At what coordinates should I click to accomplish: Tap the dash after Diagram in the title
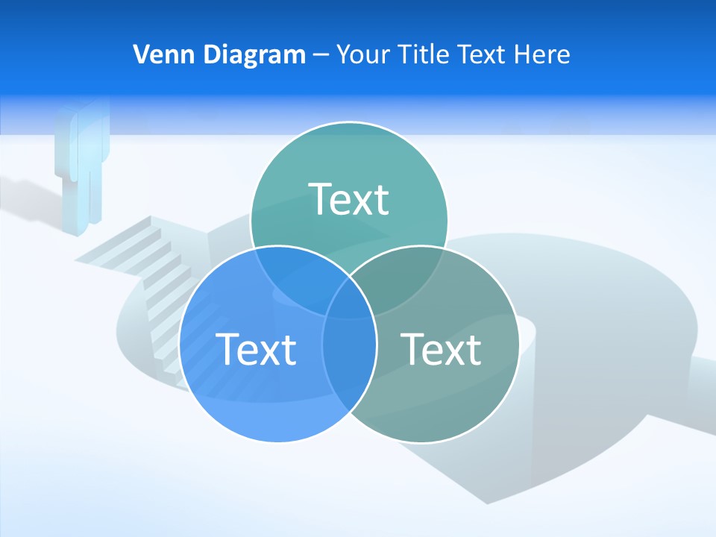[321, 55]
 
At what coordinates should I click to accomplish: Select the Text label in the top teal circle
[349, 199]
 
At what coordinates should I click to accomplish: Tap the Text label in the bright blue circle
[256, 349]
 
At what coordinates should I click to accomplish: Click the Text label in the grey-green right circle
[441, 349]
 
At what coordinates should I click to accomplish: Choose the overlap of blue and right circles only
[349, 365]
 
